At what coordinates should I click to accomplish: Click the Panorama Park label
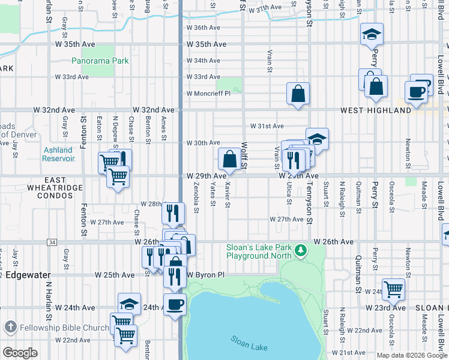[100, 61]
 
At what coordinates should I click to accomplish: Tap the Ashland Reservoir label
[58, 154]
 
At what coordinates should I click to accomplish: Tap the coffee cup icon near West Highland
[415, 91]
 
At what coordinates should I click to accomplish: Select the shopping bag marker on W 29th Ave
[229, 160]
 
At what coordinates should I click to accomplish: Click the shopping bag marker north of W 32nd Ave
[298, 94]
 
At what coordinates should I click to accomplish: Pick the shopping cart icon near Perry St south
[393, 289]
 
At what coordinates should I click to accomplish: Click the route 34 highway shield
[52, 242]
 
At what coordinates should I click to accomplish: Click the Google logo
[20, 353]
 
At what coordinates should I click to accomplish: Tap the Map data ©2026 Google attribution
[412, 355]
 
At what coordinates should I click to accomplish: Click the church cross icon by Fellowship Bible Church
[10, 328]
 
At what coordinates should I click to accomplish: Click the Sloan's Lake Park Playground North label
[259, 251]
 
